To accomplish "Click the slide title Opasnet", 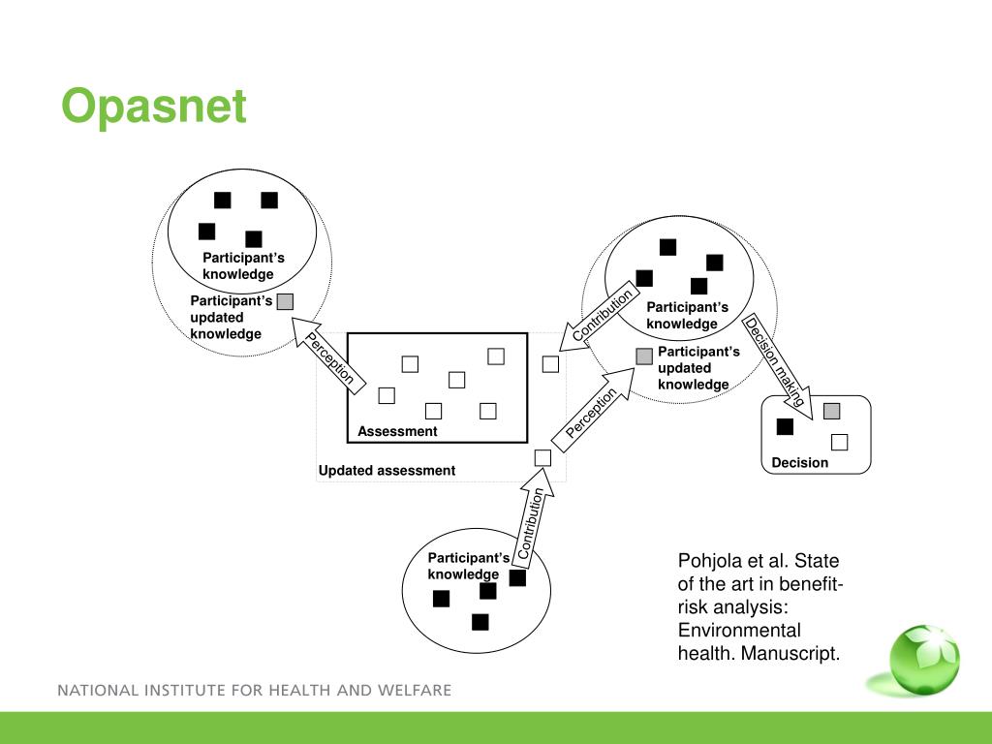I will [154, 106].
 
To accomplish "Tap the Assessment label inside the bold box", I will [397, 431].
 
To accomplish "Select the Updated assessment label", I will [387, 471].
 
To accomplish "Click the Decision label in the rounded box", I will [800, 462].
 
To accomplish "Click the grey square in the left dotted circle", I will [285, 301].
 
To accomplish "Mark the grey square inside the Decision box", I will [831, 411].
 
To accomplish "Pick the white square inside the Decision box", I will [839, 443].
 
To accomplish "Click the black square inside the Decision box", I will [785, 426].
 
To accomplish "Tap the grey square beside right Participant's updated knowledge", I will [644, 356].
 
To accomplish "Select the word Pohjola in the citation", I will [708, 562].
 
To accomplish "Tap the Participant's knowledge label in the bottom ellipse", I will [469, 567].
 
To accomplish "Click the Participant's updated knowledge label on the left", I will [230, 317].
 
